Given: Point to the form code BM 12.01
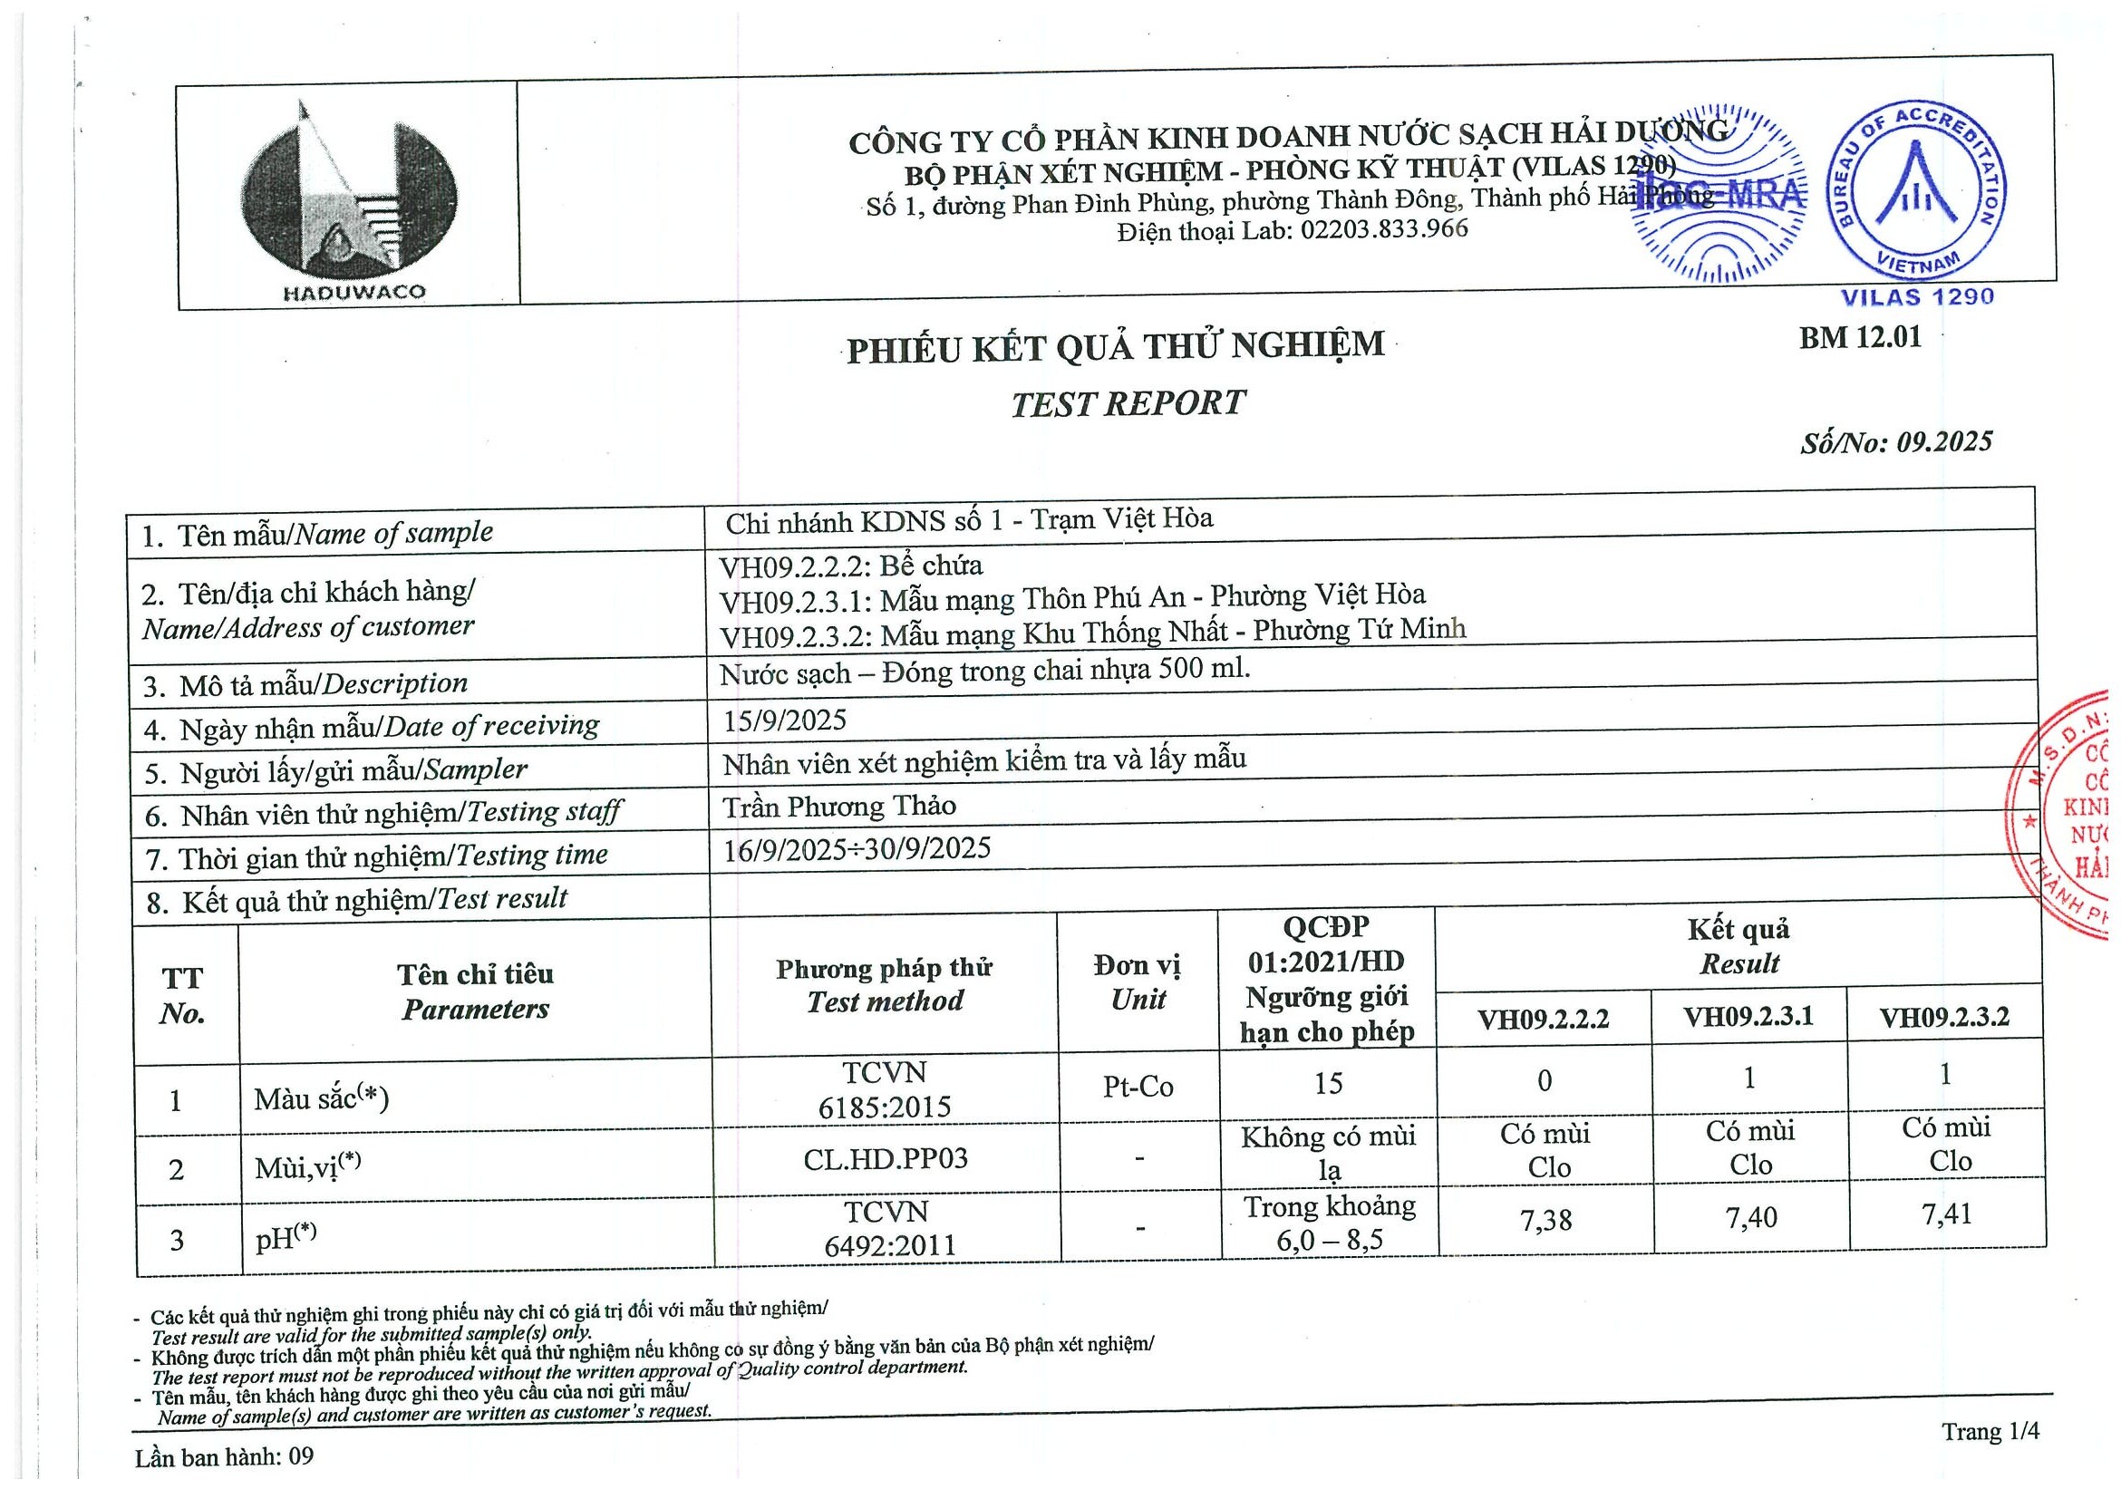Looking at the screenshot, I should click(x=1860, y=338).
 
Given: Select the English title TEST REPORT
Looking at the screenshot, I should click(x=1127, y=403).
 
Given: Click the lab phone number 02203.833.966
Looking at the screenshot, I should click(x=1384, y=229).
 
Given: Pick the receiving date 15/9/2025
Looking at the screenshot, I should click(x=784, y=720).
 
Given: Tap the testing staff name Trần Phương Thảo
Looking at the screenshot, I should click(x=838, y=807).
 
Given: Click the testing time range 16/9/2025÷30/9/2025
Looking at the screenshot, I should click(x=857, y=849).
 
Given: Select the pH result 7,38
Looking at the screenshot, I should click(x=1545, y=1220).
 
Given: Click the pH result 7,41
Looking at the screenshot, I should click(x=1946, y=1213).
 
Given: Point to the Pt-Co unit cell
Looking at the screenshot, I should click(x=1138, y=1086).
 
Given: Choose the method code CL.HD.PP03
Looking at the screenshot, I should click(x=885, y=1158).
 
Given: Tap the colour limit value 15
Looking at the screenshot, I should click(x=1328, y=1082).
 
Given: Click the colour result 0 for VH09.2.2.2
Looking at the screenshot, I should click(x=1544, y=1080).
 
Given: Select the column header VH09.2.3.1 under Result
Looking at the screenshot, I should click(x=1748, y=1017).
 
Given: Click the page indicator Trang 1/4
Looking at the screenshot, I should click(x=1990, y=1432).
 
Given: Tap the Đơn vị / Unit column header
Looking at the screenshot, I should click(x=1138, y=982).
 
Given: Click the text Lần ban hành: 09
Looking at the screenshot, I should click(x=225, y=1457).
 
